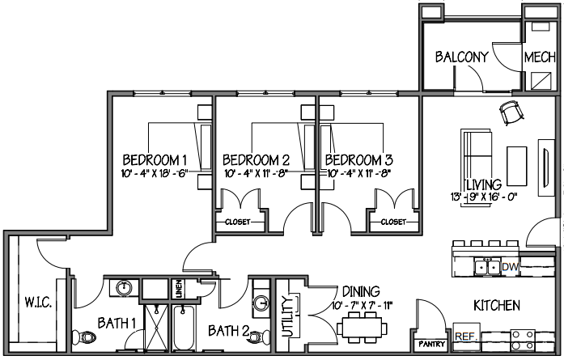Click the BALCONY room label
pos(462,57)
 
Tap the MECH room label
pos(540,57)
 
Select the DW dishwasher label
pos(511,267)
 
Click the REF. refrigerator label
pos(466,337)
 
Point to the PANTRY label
pos(431,344)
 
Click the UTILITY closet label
pos(287,316)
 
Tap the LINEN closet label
pos(180,289)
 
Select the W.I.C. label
pos(38,302)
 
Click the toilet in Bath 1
pos(84,337)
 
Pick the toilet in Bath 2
pos(260,337)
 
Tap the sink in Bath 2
pos(261,302)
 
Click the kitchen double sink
pos(487,267)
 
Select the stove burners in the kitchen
pos(523,341)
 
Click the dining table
pos(362,328)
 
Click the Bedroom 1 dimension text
pos(155,174)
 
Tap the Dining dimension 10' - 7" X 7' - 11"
pos(362,306)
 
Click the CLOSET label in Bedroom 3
pos(393,222)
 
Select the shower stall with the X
pos(156,328)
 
